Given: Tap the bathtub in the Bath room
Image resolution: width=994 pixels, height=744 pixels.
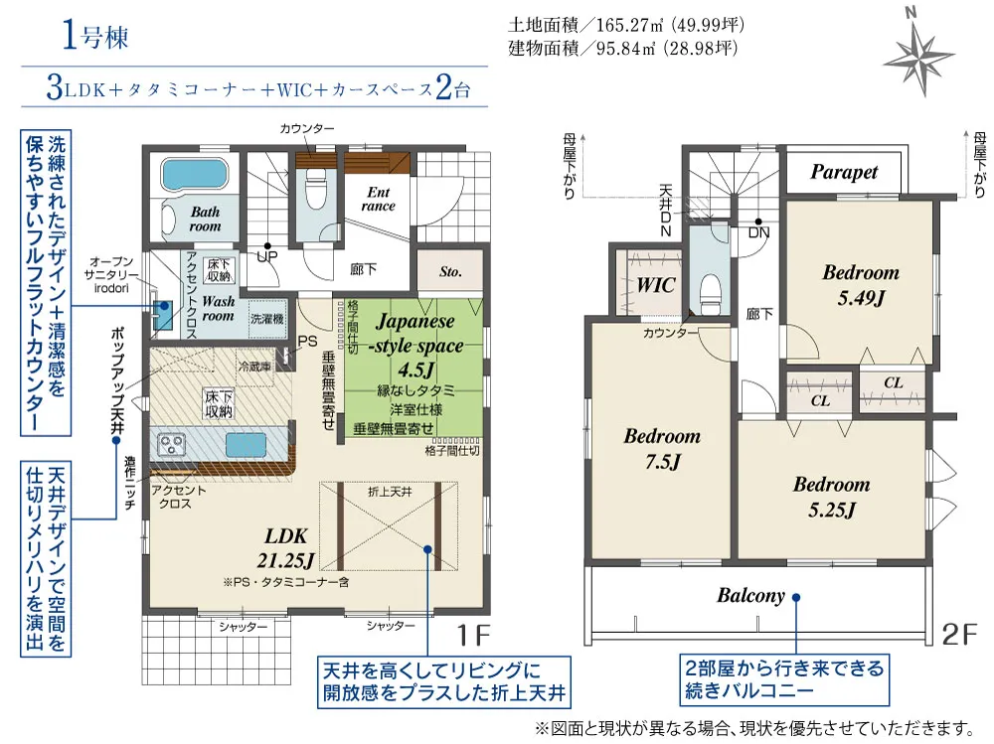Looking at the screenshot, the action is coord(195,173).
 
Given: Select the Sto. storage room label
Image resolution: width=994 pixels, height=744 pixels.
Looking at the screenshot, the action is coord(450,272).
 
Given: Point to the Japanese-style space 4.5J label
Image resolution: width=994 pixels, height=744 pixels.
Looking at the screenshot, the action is coord(415,346).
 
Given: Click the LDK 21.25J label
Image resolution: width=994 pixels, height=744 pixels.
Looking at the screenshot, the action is coord(286,548).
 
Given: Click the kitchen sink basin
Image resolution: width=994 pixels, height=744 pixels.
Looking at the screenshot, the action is coord(246,444).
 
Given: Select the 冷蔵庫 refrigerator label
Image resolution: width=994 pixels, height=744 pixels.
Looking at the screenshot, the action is coord(254,367).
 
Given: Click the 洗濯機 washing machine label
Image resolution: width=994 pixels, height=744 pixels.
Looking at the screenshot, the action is coord(266,319).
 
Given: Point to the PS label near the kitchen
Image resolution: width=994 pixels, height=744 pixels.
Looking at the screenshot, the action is coord(307,341).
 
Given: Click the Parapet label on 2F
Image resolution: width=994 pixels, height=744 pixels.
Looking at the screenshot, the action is coord(844,172).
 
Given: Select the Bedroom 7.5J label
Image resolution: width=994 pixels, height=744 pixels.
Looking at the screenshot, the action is coord(662,448).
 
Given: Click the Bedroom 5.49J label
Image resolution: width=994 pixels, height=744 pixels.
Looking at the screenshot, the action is coord(861,284).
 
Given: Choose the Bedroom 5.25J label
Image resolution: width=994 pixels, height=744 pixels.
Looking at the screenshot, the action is coord(831,497).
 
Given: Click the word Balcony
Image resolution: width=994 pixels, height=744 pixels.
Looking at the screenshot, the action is coord(750,595).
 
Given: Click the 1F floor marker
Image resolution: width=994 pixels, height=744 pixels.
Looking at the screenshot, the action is coord(473,635).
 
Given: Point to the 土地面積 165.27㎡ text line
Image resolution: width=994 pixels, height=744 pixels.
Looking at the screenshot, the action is coord(625,25).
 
